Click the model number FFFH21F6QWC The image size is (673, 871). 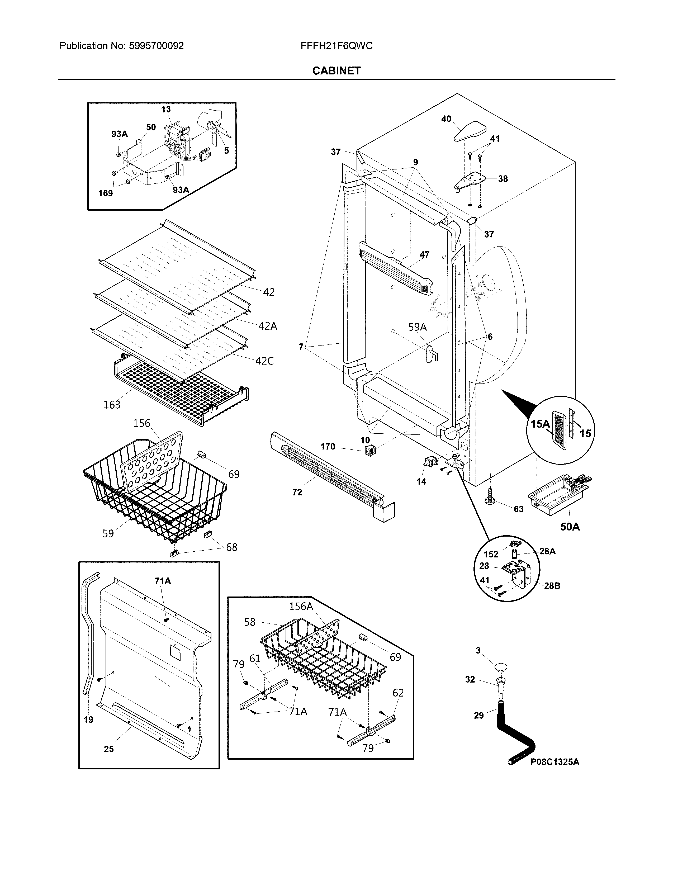click(336, 46)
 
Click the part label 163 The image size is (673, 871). click(112, 405)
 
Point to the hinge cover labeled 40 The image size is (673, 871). click(471, 131)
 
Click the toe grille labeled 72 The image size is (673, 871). click(331, 475)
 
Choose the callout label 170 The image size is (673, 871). click(328, 447)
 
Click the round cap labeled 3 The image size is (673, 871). click(501, 666)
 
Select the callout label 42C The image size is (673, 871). click(264, 361)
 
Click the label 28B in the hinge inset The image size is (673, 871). click(552, 586)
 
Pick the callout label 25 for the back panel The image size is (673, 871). click(109, 749)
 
